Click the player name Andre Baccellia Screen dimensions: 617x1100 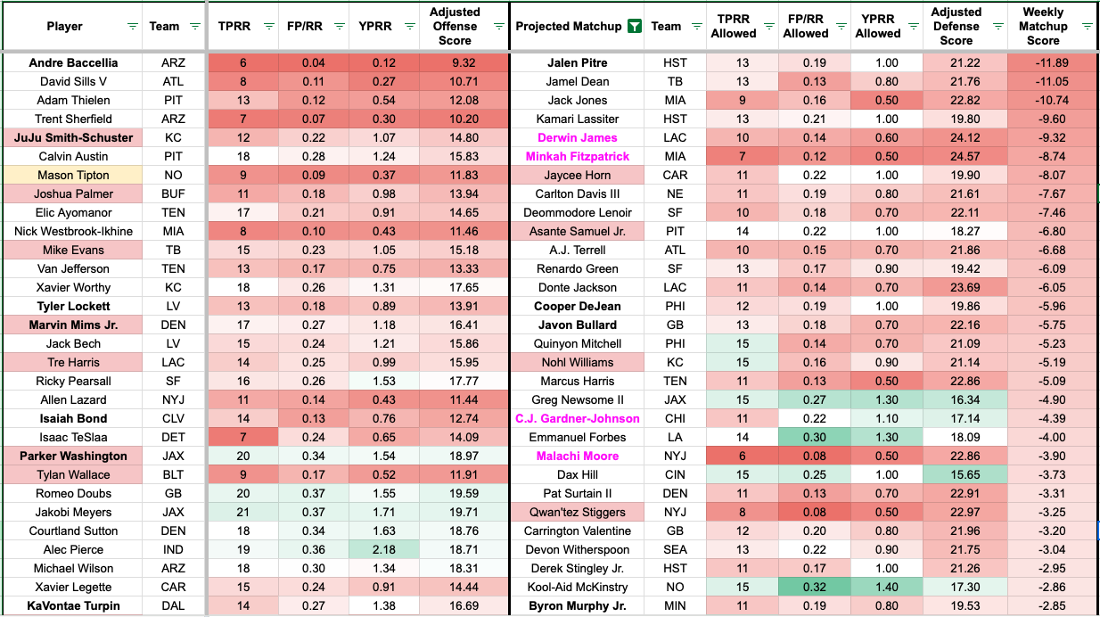click(x=73, y=63)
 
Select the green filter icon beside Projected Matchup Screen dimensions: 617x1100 click(x=633, y=27)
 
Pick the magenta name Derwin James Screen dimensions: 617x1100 click(x=578, y=138)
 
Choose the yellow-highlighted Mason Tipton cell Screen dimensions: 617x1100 click(x=73, y=176)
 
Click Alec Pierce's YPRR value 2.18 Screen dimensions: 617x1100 click(x=384, y=550)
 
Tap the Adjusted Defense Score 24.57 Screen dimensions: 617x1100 click(x=956, y=157)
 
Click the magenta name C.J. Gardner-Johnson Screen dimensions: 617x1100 click(x=578, y=419)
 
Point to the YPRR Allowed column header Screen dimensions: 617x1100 click(x=878, y=26)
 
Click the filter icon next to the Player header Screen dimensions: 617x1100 click(x=133, y=27)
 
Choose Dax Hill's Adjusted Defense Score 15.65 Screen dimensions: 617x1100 click(x=956, y=475)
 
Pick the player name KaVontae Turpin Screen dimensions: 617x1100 click(x=73, y=606)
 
